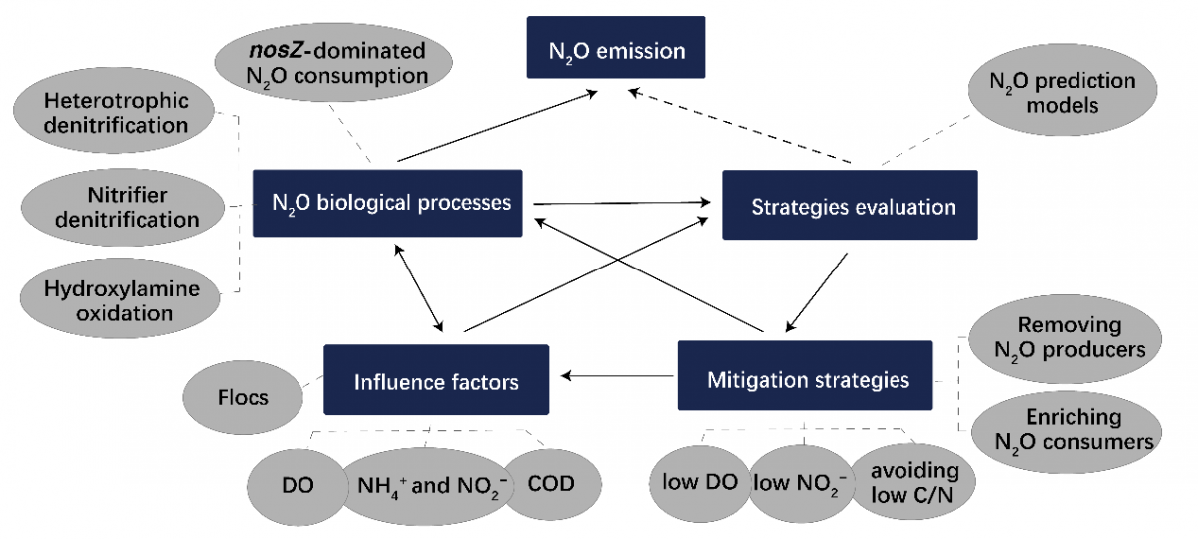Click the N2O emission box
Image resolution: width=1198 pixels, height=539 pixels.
tap(616, 47)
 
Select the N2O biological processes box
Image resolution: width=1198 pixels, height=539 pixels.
tap(389, 202)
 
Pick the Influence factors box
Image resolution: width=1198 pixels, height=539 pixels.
tap(436, 379)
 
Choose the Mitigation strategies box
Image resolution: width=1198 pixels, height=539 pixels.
tap(807, 377)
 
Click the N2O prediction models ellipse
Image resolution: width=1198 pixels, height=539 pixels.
tap(1062, 92)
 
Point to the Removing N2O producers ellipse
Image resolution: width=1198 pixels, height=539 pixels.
tap(1068, 337)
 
